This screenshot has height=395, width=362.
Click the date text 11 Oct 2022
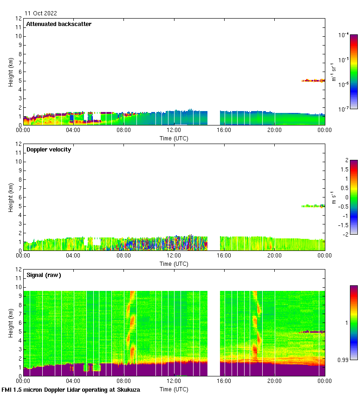41,13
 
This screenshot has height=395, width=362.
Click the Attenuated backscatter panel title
58,24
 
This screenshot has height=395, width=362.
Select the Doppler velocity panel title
49,149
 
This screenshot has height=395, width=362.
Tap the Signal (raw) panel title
44,275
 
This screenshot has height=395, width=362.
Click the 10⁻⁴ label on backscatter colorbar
343,35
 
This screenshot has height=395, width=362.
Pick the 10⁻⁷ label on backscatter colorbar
343,109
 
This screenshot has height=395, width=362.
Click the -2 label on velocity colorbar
345,234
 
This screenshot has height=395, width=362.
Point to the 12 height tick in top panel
19,19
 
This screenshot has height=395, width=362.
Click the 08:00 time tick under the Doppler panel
123,255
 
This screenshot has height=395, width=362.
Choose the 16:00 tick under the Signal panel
224,381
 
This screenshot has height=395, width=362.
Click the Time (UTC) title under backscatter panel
174,138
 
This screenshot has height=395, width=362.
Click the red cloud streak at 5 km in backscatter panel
313,80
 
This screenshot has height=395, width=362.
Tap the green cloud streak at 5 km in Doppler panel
313,206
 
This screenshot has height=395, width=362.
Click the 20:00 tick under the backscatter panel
274,130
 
